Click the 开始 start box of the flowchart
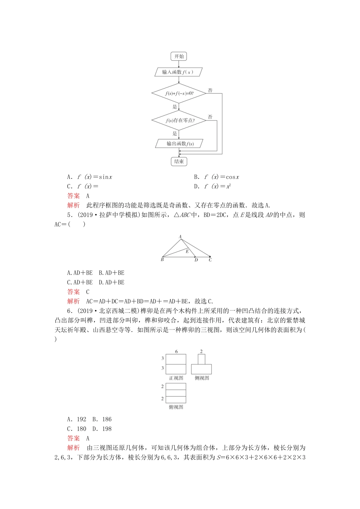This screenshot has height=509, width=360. [x=179, y=56]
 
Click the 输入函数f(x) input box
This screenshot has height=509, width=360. [x=179, y=72]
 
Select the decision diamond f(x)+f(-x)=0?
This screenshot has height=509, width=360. [x=179, y=93]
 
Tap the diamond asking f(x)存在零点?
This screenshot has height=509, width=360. [x=179, y=120]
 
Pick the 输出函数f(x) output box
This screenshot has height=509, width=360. [x=179, y=144]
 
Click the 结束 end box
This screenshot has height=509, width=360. [x=179, y=162]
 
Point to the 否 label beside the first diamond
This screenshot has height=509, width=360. [x=210, y=91]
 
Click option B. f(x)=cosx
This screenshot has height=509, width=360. [x=216, y=177]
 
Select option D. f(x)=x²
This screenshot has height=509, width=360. [x=213, y=186]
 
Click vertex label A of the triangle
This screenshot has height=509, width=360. [x=180, y=237]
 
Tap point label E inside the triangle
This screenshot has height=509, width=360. [x=187, y=251]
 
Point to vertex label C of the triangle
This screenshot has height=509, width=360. [x=210, y=260]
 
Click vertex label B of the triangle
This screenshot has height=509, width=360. [x=162, y=260]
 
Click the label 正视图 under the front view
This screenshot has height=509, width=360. [x=176, y=378]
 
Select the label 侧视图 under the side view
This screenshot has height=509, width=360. [x=202, y=378]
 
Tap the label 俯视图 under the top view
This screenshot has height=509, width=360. [x=176, y=407]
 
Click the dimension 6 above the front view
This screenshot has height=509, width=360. [x=176, y=351]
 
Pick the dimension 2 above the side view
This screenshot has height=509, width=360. [x=201, y=351]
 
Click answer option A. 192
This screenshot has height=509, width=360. [x=77, y=419]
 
